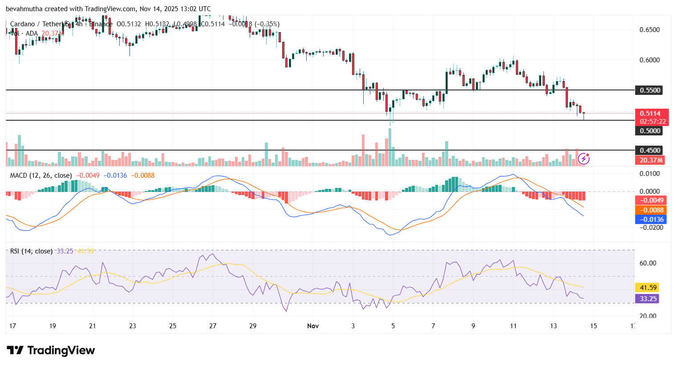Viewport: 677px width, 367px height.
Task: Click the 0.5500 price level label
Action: (x=650, y=90)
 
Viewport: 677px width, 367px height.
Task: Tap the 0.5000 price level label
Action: (x=650, y=131)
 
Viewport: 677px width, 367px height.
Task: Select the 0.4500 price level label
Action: (x=650, y=151)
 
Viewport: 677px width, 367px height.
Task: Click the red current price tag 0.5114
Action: (x=650, y=114)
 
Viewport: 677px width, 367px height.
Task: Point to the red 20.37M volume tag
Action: (x=650, y=160)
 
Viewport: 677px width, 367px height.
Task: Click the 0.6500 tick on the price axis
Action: (x=649, y=30)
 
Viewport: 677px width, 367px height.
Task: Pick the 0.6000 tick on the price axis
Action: (x=649, y=60)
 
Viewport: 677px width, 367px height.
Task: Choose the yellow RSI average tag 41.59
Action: (x=647, y=288)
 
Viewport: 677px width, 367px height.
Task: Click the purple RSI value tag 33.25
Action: (x=647, y=299)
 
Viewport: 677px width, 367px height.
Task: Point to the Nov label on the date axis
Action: (x=313, y=326)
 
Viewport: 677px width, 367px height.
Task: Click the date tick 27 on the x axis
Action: (x=213, y=326)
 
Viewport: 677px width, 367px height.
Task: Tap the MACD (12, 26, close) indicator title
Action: (x=41, y=175)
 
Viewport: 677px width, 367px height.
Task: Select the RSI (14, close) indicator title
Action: (x=31, y=251)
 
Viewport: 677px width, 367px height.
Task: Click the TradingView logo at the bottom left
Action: (x=51, y=351)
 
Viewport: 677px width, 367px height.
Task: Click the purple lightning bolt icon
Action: (x=584, y=159)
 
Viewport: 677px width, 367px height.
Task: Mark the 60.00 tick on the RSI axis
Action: (x=648, y=263)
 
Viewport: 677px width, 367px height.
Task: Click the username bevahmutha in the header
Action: (x=24, y=9)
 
